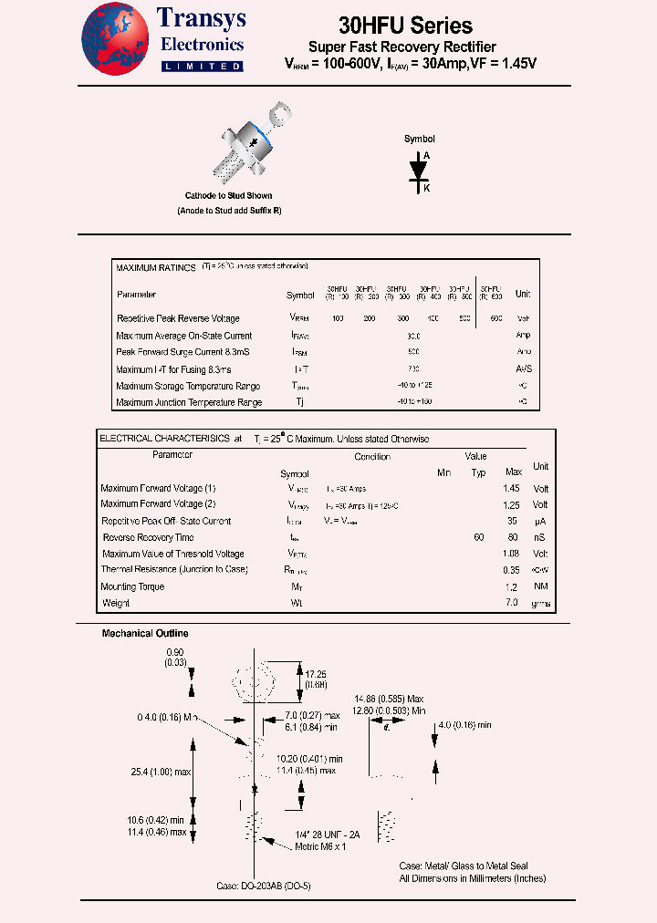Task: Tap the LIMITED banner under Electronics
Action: pyautogui.click(x=202, y=67)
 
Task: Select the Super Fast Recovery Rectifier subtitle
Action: pyautogui.click(x=402, y=47)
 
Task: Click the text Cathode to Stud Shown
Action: pyautogui.click(x=228, y=196)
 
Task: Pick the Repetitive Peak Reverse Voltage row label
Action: pyautogui.click(x=178, y=318)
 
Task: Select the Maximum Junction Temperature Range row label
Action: pyautogui.click(x=189, y=402)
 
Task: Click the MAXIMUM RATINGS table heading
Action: pyautogui.click(x=156, y=268)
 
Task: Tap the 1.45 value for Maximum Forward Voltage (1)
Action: pyautogui.click(x=512, y=488)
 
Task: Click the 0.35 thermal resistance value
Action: pyautogui.click(x=512, y=569)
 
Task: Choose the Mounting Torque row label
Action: pyautogui.click(x=132, y=586)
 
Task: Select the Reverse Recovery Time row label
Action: pyautogui.click(x=148, y=537)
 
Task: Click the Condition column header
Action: pyautogui.click(x=372, y=457)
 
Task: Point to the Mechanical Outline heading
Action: pyautogui.click(x=145, y=633)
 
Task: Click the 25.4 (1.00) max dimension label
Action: pyautogui.click(x=161, y=772)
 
